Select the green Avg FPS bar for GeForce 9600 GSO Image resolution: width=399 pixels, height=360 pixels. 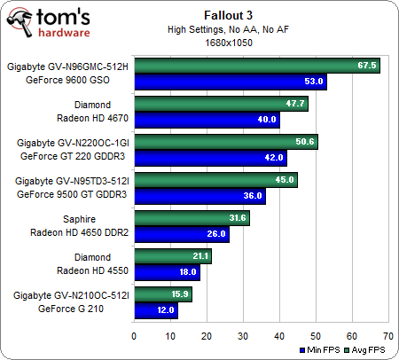click(256, 66)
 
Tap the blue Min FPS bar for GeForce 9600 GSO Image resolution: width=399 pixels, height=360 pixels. click(230, 82)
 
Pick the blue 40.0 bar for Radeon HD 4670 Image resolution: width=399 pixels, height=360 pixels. click(206, 121)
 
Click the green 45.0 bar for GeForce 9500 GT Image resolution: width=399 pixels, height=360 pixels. click(215, 180)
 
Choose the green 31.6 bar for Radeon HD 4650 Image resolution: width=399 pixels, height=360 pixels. click(191, 218)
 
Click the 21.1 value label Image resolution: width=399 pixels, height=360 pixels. click(198, 256)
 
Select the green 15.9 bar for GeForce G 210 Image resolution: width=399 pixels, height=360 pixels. click(161, 294)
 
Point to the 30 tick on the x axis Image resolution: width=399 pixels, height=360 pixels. click(243, 336)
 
